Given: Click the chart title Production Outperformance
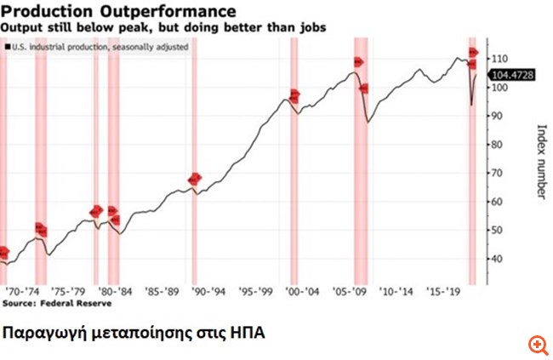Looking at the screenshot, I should coord(119,12).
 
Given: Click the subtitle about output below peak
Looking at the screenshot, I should coord(162,27).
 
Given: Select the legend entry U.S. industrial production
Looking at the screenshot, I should coord(97,46).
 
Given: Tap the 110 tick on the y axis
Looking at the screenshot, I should coord(499,59).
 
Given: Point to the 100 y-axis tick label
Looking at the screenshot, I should coord(499,88).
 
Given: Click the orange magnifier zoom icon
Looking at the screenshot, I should coord(537,344).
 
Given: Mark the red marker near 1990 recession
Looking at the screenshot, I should coord(195,179).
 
